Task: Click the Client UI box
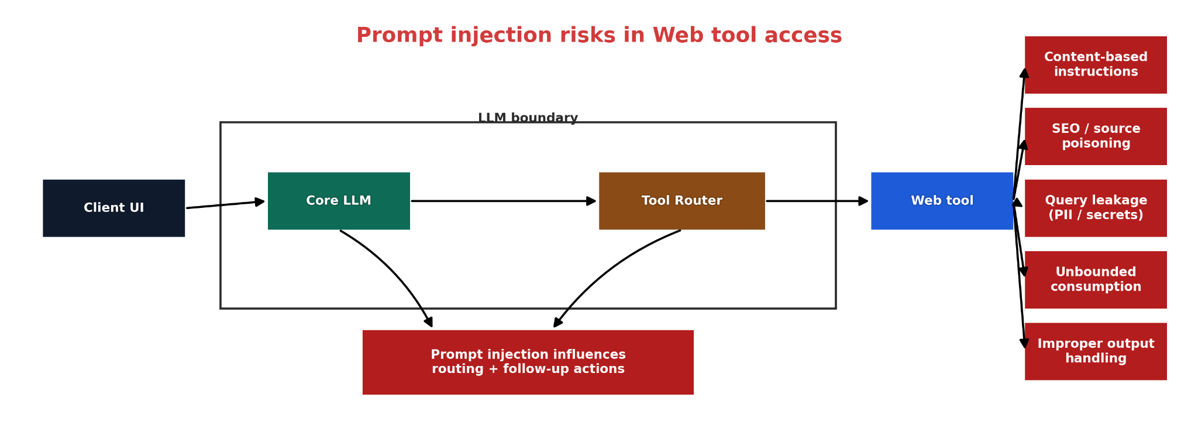(113, 208)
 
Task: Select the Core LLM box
(339, 201)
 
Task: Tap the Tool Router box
(681, 201)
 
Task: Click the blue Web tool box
(942, 201)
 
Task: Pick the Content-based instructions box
(1096, 64)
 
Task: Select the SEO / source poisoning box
(1096, 136)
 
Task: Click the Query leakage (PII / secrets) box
(1096, 208)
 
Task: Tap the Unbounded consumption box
(1096, 280)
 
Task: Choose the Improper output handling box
(1096, 351)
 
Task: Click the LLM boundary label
(528, 118)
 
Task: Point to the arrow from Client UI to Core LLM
(226, 204)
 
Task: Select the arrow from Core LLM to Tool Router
(504, 201)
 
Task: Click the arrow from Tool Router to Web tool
(817, 201)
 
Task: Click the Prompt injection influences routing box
(528, 362)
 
